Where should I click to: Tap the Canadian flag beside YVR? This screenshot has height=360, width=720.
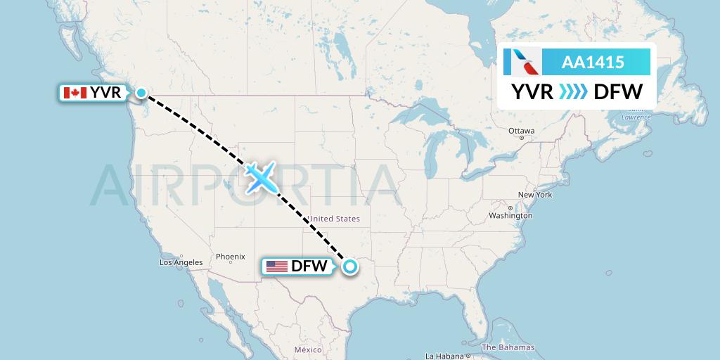point(74,93)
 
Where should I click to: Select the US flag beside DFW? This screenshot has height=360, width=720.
point(277,266)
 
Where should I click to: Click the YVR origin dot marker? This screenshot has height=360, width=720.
point(141,93)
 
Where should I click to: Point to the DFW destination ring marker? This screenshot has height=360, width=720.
point(349,266)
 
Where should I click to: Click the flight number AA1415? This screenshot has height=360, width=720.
point(593,63)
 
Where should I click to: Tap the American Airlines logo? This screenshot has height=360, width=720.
point(522,63)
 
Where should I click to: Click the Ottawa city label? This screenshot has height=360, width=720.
point(522,131)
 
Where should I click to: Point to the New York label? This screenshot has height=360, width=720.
point(535,195)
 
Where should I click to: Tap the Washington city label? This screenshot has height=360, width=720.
point(510,215)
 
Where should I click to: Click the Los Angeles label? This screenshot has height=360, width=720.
point(181,262)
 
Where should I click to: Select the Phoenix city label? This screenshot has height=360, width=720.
point(231,257)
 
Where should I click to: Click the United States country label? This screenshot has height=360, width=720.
point(335,219)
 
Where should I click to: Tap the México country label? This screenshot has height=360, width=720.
point(308,349)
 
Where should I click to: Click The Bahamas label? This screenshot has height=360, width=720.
point(508,347)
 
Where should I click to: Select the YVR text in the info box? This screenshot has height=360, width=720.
point(532,92)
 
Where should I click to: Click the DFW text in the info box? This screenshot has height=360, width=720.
point(618,92)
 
